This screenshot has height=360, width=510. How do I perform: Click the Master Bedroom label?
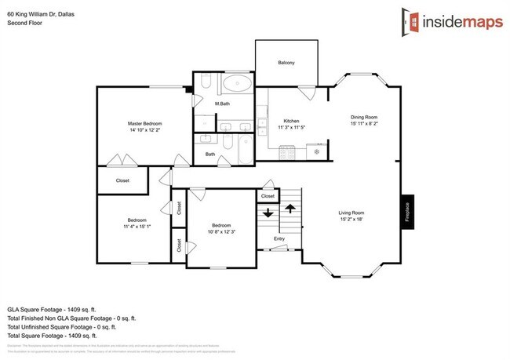[x=144, y=124]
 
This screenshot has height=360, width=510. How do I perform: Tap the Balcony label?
[x=286, y=63]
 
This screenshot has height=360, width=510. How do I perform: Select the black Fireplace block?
[x=407, y=214]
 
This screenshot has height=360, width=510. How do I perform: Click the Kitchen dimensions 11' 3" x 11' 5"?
[x=291, y=129]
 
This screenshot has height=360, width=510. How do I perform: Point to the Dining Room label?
[x=364, y=117]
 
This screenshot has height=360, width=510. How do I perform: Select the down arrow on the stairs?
[x=268, y=212]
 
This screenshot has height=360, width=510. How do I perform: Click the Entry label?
[x=279, y=238]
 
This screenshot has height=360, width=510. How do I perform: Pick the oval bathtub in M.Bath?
[x=236, y=85]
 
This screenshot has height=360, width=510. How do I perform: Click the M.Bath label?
[x=222, y=104]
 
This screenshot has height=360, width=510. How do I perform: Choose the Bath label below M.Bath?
[x=210, y=154]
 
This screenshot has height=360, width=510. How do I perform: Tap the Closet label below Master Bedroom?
[x=122, y=180]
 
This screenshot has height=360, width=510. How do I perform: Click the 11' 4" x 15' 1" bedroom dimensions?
[x=137, y=227]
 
